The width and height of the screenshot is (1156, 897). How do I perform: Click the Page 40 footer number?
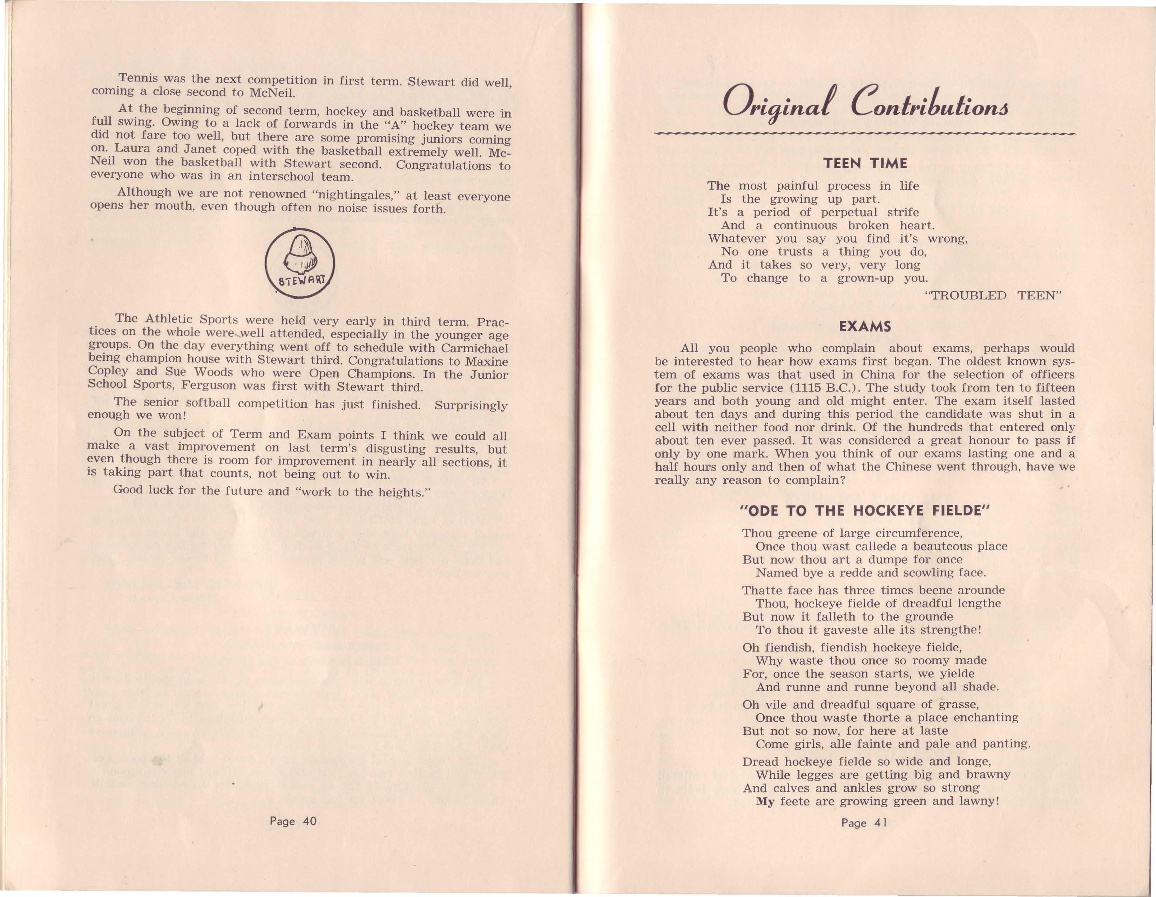pos(293,821)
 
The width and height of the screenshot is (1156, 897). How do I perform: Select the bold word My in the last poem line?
pos(765,801)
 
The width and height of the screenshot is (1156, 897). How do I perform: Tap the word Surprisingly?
pos(471,406)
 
